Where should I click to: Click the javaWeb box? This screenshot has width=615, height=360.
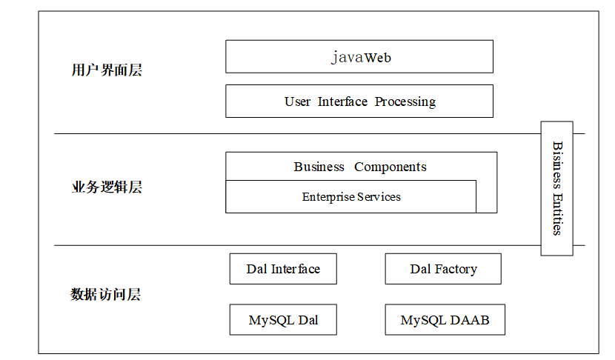(x=359, y=56)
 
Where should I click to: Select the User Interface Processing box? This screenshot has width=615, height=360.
(x=359, y=101)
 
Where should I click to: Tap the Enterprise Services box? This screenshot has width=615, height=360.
(x=351, y=196)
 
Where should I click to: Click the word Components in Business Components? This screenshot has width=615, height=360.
(x=390, y=167)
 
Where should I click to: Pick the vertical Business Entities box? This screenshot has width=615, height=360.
(x=557, y=189)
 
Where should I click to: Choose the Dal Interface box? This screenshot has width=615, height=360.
(x=283, y=269)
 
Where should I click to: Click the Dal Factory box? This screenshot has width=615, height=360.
(x=443, y=269)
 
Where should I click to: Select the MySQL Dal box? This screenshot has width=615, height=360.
(x=283, y=319)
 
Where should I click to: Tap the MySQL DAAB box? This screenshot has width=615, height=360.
(x=445, y=319)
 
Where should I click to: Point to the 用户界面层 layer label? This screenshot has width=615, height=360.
(x=107, y=70)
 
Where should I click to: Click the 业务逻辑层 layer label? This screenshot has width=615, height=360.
(x=107, y=187)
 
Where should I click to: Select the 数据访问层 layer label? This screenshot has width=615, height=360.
(x=106, y=294)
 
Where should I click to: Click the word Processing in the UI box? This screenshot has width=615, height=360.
(x=405, y=102)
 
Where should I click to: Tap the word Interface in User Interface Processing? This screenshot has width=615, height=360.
(x=342, y=101)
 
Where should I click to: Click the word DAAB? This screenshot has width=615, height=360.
(x=470, y=320)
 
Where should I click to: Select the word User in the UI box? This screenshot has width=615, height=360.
(x=297, y=101)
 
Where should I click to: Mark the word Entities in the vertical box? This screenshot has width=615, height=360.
(x=557, y=215)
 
